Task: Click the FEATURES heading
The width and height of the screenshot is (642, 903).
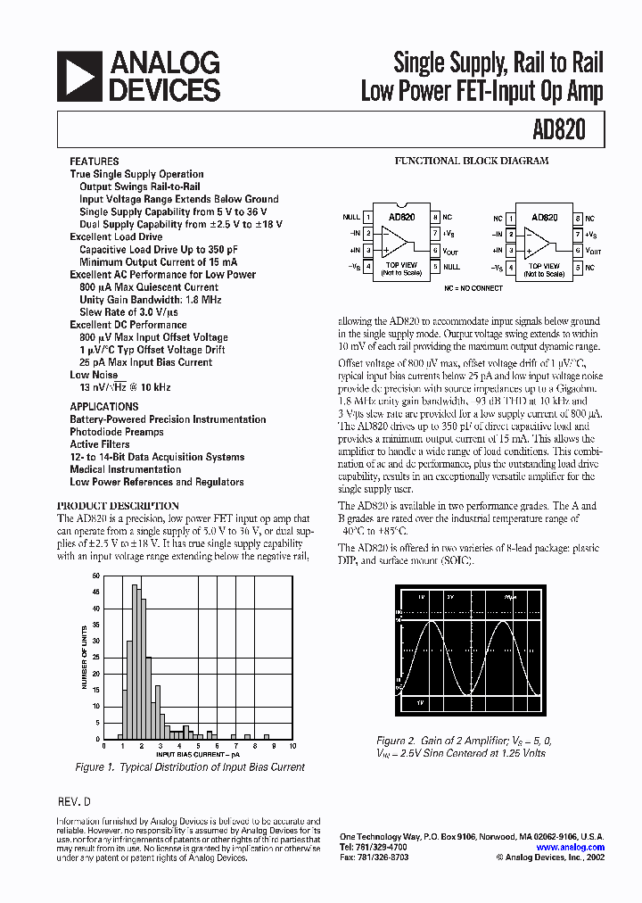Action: [x=94, y=162]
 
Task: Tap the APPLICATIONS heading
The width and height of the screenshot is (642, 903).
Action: [x=104, y=406]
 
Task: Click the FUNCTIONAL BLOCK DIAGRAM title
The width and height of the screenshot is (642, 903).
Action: [x=472, y=162]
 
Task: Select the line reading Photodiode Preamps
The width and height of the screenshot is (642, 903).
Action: [x=117, y=432]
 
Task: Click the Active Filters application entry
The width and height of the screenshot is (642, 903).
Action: [x=100, y=444]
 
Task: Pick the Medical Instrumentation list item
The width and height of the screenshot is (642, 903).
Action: [x=126, y=469]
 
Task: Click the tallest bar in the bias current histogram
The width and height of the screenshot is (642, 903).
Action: [x=135, y=663]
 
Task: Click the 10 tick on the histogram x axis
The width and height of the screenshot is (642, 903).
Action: [x=292, y=746]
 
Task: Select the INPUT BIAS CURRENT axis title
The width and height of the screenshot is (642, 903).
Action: [x=198, y=755]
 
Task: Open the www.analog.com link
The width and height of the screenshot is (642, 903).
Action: [x=571, y=848]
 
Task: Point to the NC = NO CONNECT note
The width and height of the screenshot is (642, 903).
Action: [x=473, y=288]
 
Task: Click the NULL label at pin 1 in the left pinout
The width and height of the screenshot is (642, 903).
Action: [x=351, y=217]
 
